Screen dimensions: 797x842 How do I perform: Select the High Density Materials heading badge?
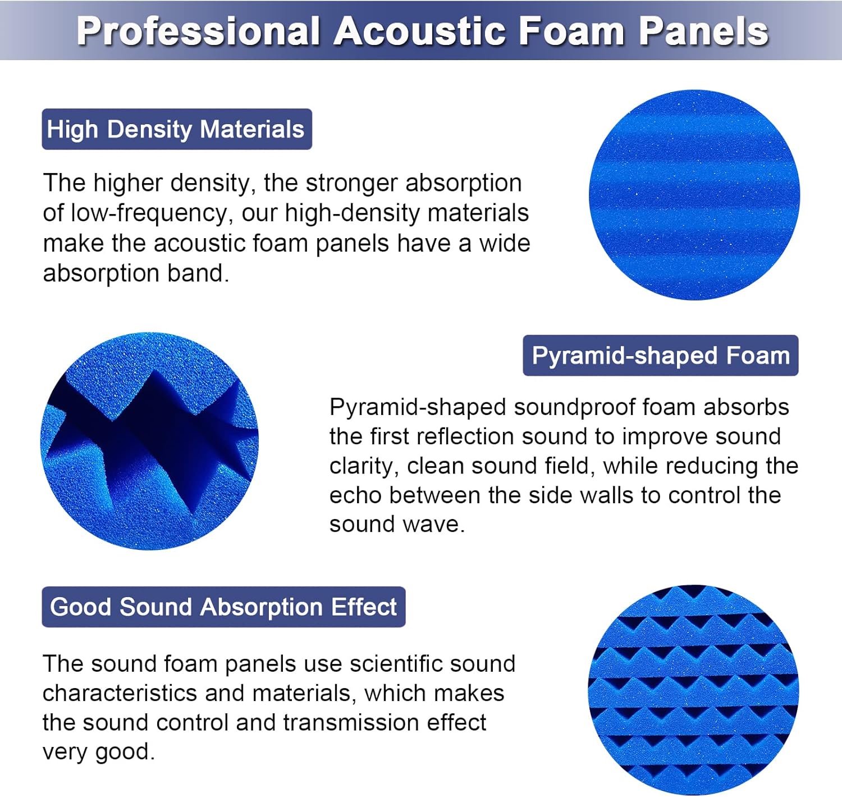(x=176, y=129)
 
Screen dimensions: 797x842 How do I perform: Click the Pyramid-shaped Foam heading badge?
(x=660, y=356)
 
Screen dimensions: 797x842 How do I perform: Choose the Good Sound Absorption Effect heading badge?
(x=223, y=607)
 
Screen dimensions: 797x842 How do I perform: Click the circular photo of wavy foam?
(x=694, y=195)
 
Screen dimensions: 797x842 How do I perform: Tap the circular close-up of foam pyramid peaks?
(x=149, y=441)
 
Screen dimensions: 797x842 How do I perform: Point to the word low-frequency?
(x=149, y=213)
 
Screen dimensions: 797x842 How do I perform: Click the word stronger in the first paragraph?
(x=352, y=183)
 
